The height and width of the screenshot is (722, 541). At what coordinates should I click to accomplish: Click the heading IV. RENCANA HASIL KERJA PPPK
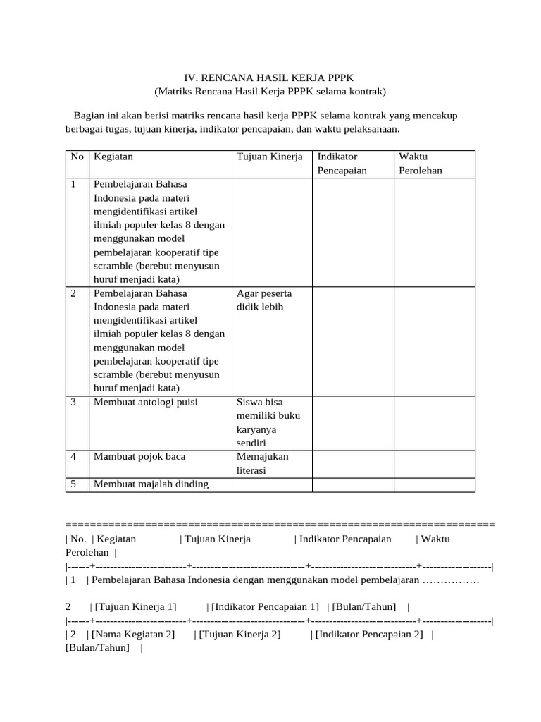pos(270,77)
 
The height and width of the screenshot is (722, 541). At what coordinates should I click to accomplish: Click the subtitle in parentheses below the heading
pos(270,92)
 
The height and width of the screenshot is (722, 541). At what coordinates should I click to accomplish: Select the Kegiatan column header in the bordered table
pos(113,156)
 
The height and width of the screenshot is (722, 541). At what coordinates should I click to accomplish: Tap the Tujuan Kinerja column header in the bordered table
pos(269,156)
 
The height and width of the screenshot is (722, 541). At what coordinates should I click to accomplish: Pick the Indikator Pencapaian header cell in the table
pos(342,163)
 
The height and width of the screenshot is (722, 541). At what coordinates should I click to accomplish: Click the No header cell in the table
pos(77,156)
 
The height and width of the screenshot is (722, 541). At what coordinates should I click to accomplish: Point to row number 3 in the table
pos(73,402)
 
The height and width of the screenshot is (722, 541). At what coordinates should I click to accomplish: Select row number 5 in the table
pos(73,484)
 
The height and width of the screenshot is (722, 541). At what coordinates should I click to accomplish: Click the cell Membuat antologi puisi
pos(146,402)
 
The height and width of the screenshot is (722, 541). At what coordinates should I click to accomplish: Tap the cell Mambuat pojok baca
pos(139,456)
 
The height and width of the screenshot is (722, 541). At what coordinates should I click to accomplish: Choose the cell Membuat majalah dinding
pos(151,484)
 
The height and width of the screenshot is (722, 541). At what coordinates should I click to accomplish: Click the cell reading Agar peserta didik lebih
pos(264,300)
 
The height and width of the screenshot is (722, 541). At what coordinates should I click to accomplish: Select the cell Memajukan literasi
pos(262,463)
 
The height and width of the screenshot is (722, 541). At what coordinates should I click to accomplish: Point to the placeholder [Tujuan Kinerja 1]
pos(135,606)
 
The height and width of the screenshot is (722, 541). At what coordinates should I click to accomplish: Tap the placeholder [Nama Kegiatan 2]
pos(133,634)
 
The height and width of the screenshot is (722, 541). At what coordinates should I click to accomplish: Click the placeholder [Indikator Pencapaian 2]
pos(370,634)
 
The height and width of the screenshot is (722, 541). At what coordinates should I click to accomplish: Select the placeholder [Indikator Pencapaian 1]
pos(264,606)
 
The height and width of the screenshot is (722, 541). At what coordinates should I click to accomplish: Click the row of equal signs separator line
pos(280,525)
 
